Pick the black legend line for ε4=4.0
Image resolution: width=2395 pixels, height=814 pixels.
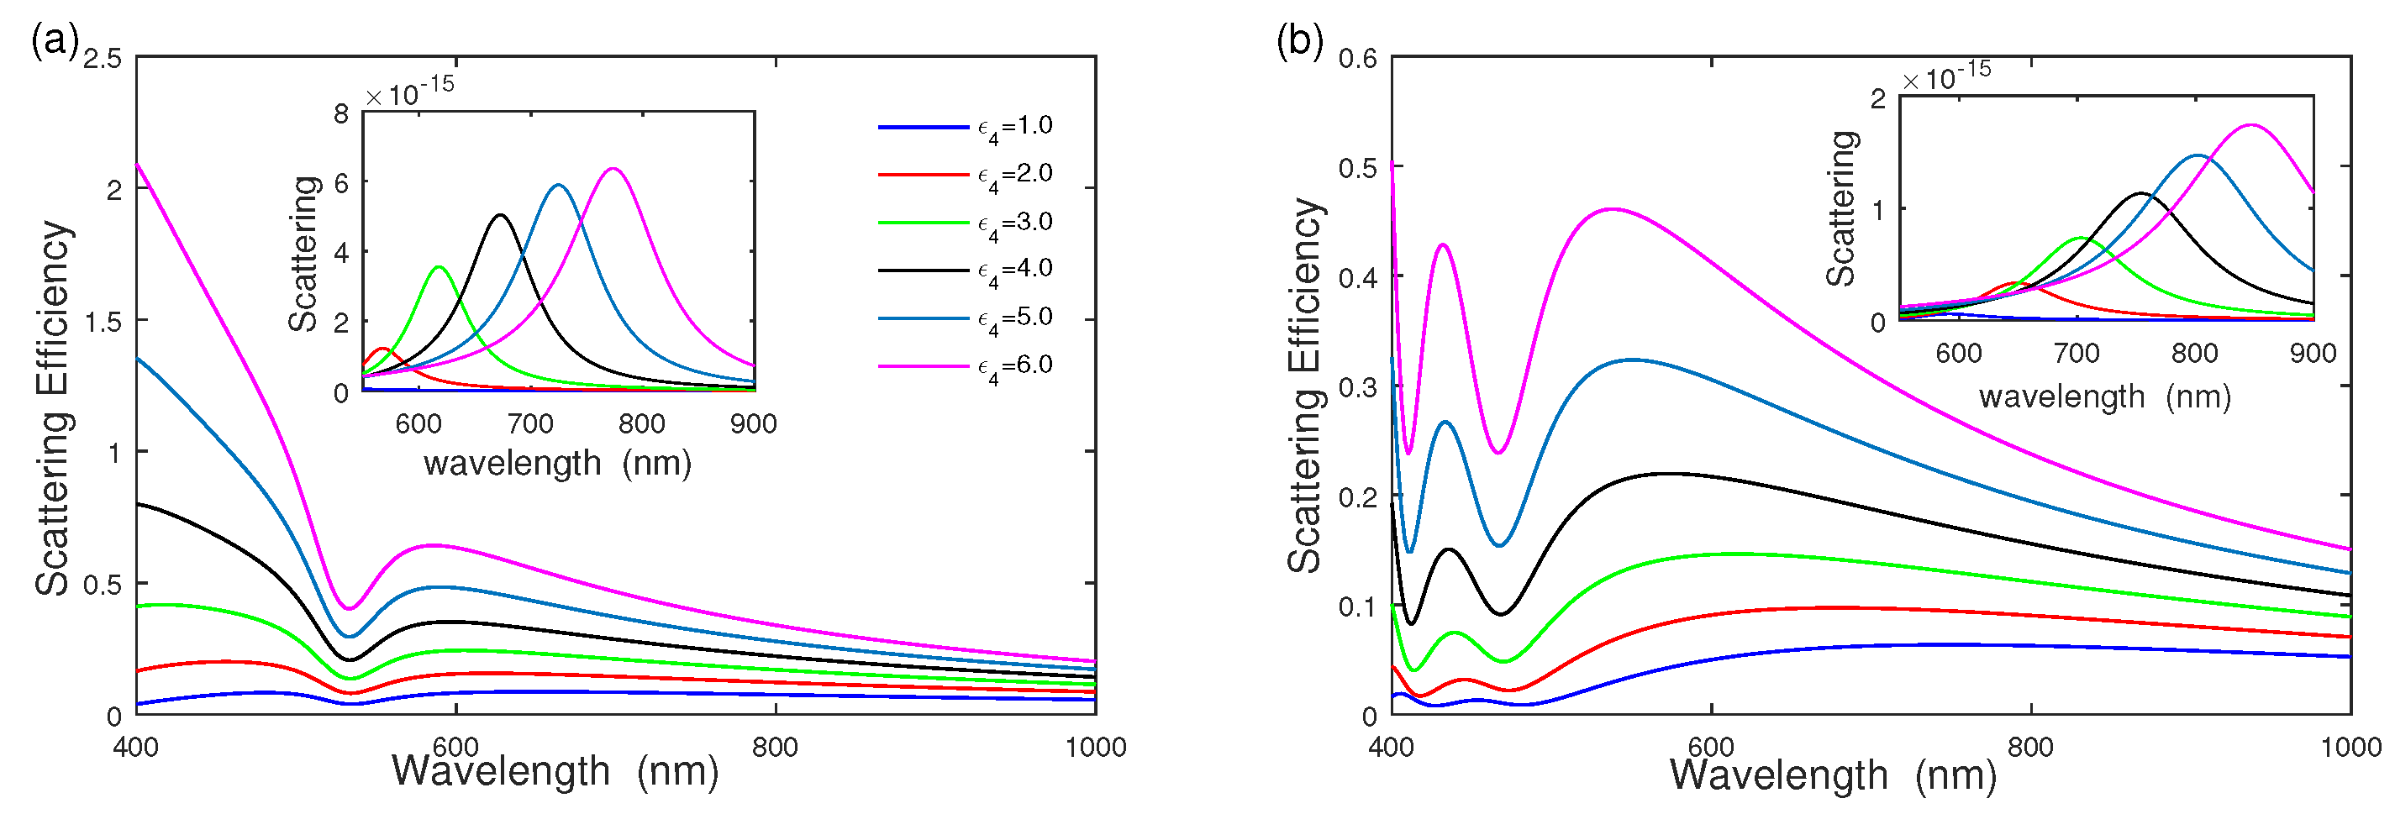click(x=924, y=270)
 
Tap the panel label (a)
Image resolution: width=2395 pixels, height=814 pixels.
click(x=54, y=41)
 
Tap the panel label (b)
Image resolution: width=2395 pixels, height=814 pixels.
click(x=1300, y=41)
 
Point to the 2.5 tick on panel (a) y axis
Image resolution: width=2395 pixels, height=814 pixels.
click(x=103, y=59)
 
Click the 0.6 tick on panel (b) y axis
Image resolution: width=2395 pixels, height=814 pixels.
click(x=1357, y=59)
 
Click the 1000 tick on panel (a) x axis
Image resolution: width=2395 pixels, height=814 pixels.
click(x=1095, y=747)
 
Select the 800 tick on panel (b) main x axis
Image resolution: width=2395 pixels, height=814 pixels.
click(x=2030, y=747)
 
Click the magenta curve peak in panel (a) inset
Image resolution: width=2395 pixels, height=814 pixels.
click(x=613, y=169)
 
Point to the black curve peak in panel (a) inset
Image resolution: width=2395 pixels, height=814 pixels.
click(x=501, y=215)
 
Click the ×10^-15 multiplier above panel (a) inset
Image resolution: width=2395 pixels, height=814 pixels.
click(x=409, y=91)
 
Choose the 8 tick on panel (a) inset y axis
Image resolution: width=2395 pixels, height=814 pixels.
click(x=341, y=113)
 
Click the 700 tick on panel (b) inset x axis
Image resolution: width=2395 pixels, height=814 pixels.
click(x=2077, y=354)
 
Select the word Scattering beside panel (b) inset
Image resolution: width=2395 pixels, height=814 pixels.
click(x=1841, y=208)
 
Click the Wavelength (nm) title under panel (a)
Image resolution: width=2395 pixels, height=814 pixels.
click(x=555, y=771)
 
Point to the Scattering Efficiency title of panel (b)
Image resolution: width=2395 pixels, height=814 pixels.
click(x=1305, y=386)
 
